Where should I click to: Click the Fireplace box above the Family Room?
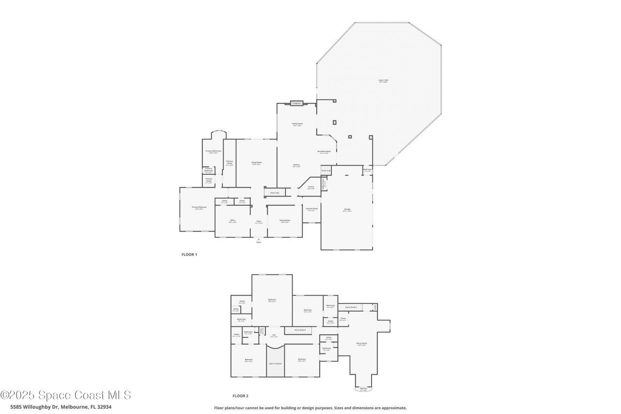(296, 103)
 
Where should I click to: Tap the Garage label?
(347, 210)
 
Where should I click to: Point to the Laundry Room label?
(311, 209)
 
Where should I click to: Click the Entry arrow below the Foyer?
(259, 240)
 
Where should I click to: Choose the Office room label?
(232, 221)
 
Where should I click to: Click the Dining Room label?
(285, 221)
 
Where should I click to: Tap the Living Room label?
(257, 163)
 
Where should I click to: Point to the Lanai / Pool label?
(383, 81)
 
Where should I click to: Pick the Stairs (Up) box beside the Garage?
(326, 171)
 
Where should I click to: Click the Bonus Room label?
(362, 344)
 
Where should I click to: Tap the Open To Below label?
(275, 363)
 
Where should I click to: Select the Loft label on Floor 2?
(274, 335)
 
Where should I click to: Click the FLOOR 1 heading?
(189, 254)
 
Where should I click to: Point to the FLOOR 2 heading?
(240, 396)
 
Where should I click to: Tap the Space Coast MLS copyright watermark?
(65, 395)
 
